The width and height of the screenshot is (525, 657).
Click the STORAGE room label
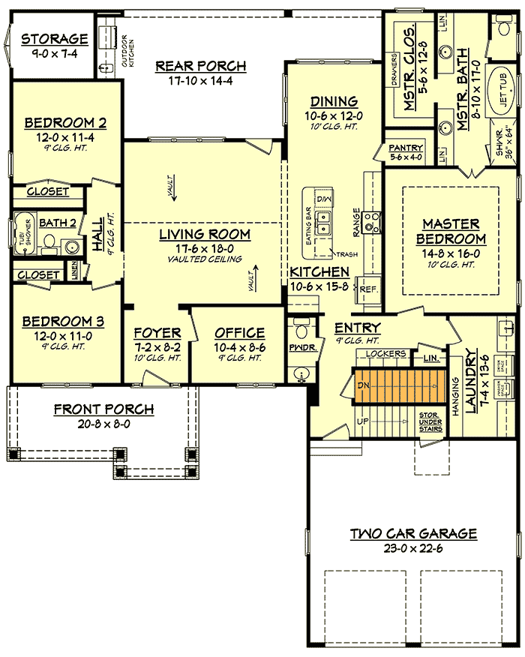[x=54, y=39]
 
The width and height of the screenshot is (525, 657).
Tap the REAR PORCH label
[x=200, y=66]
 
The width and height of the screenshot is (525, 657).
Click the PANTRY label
[x=406, y=148]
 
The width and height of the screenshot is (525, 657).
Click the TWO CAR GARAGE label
[x=413, y=534]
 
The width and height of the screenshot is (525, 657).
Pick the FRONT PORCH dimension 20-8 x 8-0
[x=103, y=423]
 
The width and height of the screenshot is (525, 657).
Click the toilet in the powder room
[x=301, y=328]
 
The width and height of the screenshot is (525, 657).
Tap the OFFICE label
[x=239, y=333]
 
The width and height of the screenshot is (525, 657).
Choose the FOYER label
[x=157, y=333]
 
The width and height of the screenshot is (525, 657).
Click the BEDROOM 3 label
[x=62, y=322]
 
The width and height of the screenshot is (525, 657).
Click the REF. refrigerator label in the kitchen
[x=368, y=289]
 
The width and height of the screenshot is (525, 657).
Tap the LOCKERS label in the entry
[x=387, y=353]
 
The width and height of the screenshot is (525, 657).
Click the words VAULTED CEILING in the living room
[x=204, y=259]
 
